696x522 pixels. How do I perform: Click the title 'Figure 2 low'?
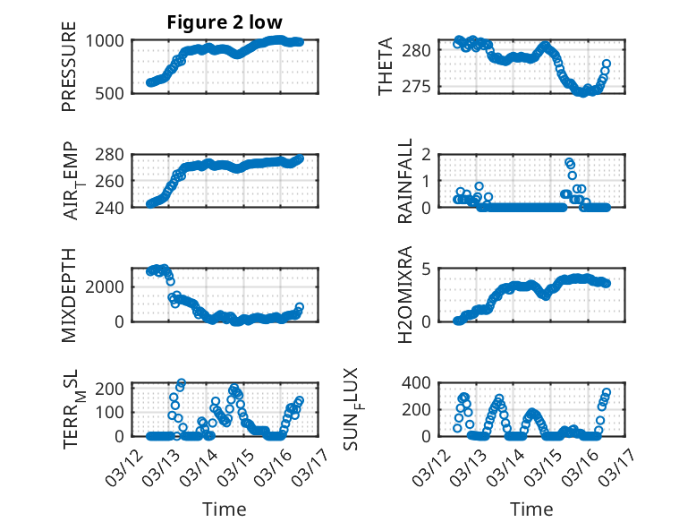click(225, 22)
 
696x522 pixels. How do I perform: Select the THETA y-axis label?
click(386, 66)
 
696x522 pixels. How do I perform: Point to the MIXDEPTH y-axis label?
click(69, 295)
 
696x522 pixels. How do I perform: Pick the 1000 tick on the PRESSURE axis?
click(108, 40)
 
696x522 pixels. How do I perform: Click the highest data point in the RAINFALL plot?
click(569, 162)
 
